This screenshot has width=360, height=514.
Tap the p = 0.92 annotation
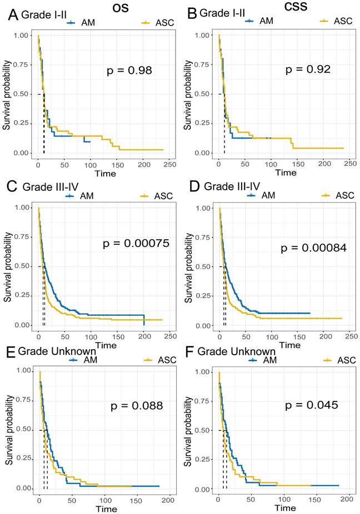[308, 70]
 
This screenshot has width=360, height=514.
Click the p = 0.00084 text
[314, 248]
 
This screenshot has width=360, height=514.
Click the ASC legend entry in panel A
[158, 23]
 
